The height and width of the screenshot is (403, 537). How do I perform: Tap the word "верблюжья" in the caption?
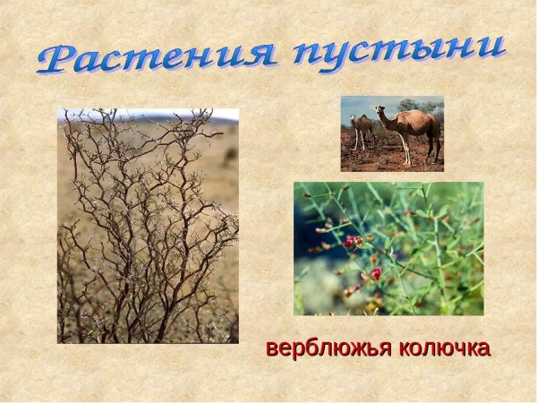[x=328, y=348]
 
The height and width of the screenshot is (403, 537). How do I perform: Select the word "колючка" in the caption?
[x=444, y=348]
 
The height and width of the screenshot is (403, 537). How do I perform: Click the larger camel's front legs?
[x=405, y=150]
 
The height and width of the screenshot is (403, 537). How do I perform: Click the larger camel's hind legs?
[x=432, y=149]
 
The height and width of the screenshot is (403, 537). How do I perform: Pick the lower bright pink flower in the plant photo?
[x=376, y=273]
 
